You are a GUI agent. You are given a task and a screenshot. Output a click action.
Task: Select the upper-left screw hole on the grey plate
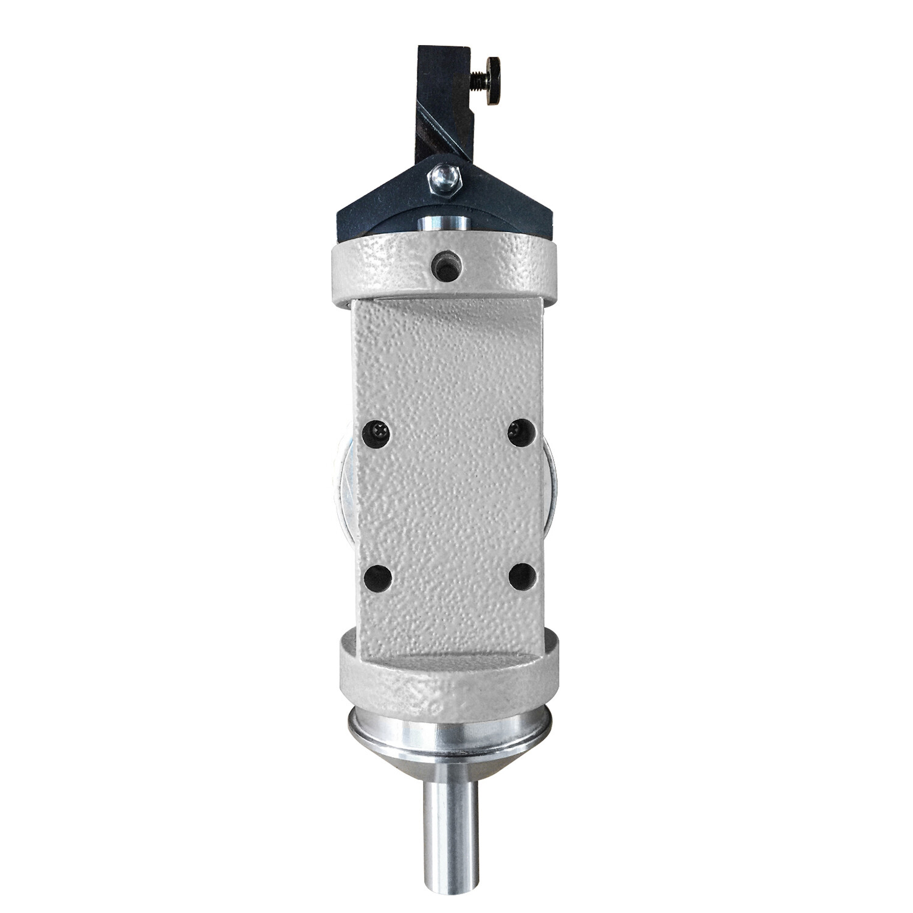(377, 433)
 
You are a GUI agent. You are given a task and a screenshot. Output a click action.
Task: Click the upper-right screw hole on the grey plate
(522, 433)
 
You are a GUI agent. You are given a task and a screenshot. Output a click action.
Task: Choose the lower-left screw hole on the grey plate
(378, 577)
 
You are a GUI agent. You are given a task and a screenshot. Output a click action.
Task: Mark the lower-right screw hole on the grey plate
(522, 576)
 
